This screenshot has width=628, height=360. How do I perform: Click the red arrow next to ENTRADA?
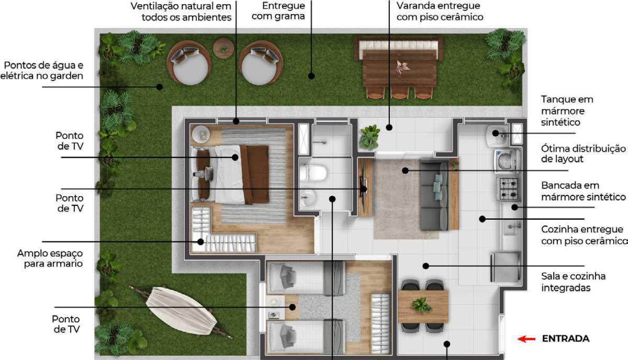click(x=526, y=339)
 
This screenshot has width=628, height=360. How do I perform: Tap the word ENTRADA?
click(x=566, y=339)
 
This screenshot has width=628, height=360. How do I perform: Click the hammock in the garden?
click(x=181, y=311)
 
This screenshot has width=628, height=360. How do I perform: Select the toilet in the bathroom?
click(x=313, y=173)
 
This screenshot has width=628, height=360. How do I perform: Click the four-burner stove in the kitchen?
click(x=509, y=188)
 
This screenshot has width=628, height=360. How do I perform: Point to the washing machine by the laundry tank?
click(x=507, y=160)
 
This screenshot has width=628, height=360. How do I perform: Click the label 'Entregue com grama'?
click(x=278, y=11)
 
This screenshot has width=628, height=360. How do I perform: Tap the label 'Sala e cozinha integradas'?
click(x=574, y=282)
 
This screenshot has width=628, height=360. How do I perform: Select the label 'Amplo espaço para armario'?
click(x=50, y=258)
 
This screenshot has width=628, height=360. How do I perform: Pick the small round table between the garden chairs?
click(x=223, y=48)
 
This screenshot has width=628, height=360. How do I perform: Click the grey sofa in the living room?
click(x=434, y=195)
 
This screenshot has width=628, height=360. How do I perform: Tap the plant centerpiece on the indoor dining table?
click(x=421, y=305)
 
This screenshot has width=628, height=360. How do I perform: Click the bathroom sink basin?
click(x=308, y=198)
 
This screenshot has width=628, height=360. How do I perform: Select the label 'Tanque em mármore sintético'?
click(x=567, y=111)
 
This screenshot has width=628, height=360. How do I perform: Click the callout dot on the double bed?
click(x=235, y=157)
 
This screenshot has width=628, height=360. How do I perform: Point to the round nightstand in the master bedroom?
click(x=201, y=134)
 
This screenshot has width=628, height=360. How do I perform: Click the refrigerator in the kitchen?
click(x=506, y=267)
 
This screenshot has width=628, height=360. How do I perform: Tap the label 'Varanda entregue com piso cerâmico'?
click(x=440, y=11)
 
